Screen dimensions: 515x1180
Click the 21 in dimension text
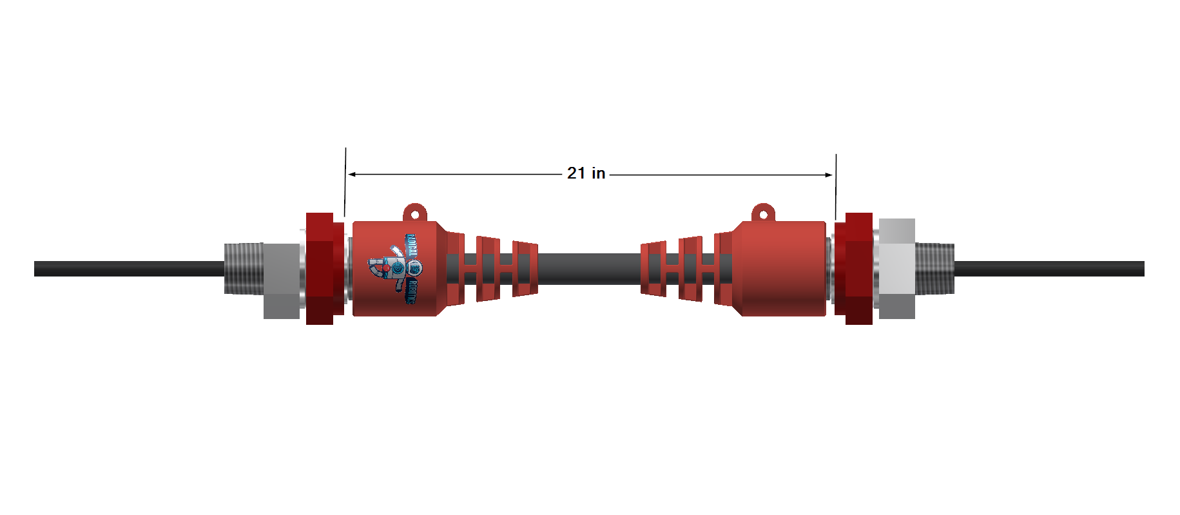pos(586,173)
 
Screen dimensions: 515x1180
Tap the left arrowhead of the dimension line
pos(352,174)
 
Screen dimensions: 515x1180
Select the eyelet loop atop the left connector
pos(415,213)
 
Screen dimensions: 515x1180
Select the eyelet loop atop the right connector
pos(764,213)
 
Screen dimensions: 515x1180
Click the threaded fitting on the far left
pos(243,269)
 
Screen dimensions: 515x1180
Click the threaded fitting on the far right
pos(934,269)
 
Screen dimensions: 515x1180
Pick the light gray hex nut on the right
pos(896,269)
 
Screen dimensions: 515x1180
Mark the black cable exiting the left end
pos(129,269)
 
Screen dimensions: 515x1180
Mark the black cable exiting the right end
pos(1050,269)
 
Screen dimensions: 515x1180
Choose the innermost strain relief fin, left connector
pos(525,269)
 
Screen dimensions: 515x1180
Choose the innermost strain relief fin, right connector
pos(653,269)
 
